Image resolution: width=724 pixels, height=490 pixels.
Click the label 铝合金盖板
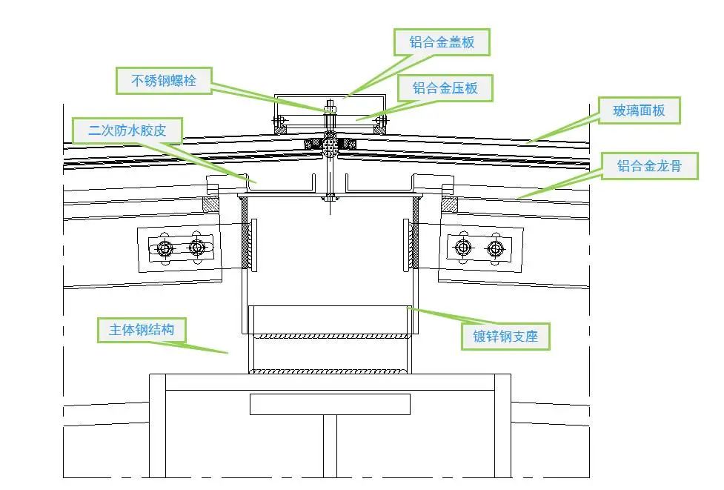coord(442,42)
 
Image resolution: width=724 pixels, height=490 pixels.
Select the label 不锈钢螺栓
coord(164,80)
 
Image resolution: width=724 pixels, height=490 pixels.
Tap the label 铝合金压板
coord(445,88)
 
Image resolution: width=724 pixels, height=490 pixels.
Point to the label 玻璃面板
coord(638,111)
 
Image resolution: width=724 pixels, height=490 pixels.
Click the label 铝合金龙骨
coord(649,166)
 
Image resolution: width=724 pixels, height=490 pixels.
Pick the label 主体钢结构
coord(142,329)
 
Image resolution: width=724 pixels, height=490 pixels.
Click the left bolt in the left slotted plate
coord(165,248)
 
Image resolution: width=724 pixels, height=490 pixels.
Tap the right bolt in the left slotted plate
coord(196,247)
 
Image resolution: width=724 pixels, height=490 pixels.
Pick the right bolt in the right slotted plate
coord(495,248)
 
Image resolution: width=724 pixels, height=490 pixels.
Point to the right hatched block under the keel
coord(449,204)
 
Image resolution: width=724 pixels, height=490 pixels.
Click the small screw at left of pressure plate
coord(280,120)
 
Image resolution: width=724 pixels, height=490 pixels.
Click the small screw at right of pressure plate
coord(381,120)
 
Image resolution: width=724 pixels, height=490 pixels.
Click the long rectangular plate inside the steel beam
coord(330,404)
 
